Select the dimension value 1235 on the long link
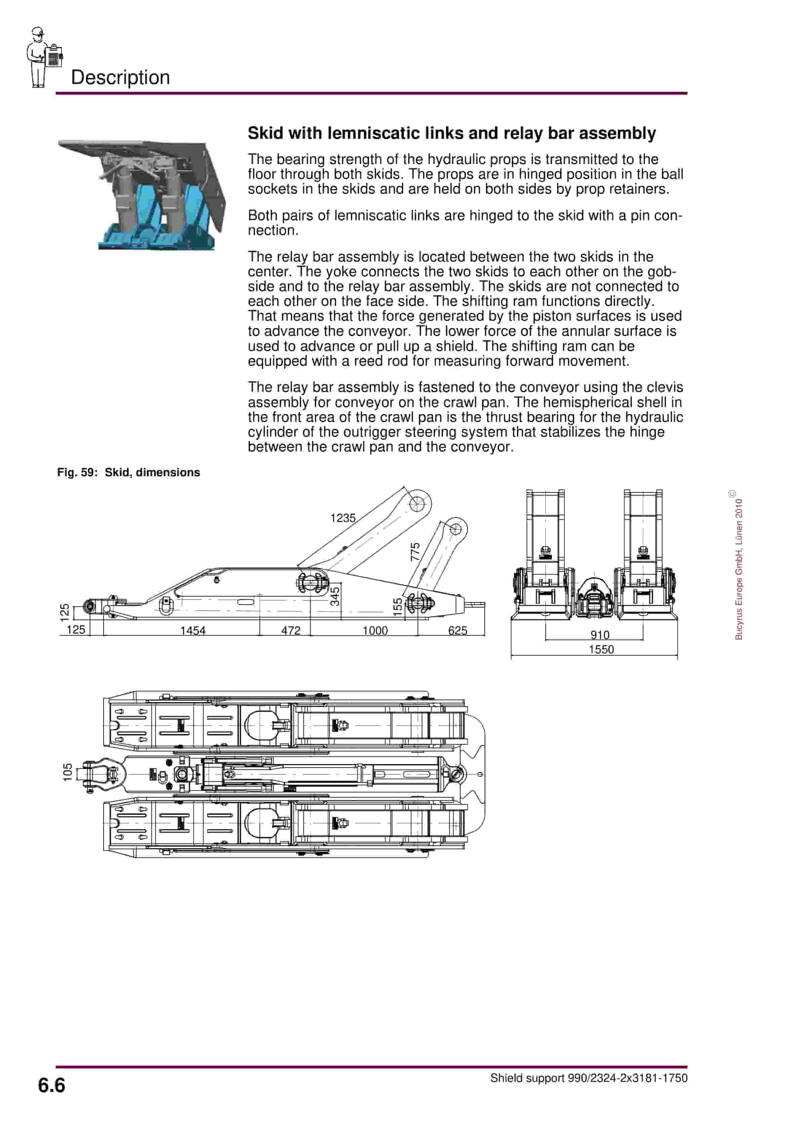click(x=343, y=518)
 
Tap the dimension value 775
click(x=415, y=552)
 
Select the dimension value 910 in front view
click(x=600, y=635)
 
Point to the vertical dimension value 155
click(x=398, y=607)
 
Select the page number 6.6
click(x=51, y=1085)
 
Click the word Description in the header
click(x=120, y=77)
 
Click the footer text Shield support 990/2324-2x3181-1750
click(x=589, y=1078)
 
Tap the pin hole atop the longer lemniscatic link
click(x=417, y=504)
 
